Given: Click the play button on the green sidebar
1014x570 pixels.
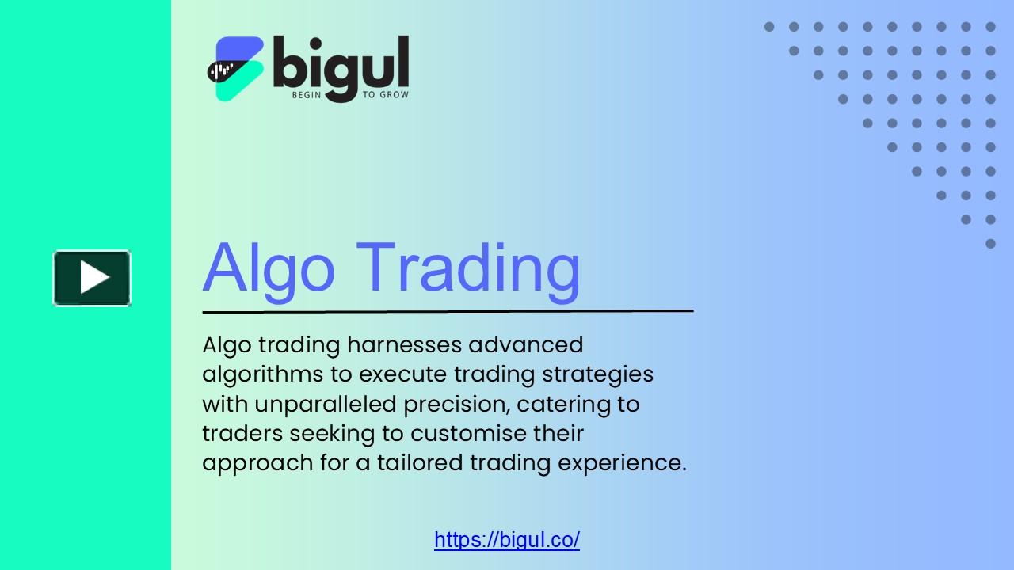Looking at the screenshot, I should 92,278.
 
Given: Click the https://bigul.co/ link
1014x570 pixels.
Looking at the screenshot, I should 507,540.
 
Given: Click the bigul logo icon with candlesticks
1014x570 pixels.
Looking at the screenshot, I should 235,69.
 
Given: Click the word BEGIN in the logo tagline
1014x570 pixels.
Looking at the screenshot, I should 307,95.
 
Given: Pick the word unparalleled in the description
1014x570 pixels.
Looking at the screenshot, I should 325,404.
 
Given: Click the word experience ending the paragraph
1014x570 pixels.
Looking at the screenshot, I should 621,463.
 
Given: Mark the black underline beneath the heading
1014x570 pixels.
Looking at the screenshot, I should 448,311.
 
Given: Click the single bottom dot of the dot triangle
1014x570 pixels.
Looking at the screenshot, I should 990,244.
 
